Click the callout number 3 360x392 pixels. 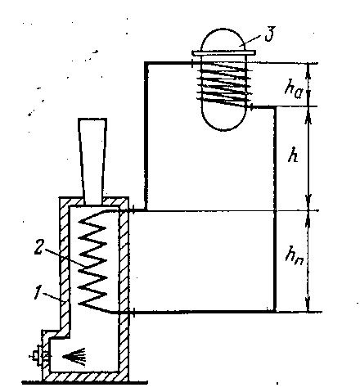coord(270,34)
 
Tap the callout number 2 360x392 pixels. coord(38,248)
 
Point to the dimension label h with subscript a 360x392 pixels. coord(293,89)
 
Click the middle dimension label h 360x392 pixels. coord(293,155)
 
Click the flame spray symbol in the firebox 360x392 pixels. coord(74,357)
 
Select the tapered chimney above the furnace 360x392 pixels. coord(92,161)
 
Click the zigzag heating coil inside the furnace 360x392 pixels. coord(92,260)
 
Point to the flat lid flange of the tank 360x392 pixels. coord(223,52)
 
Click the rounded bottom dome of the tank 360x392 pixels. coord(223,120)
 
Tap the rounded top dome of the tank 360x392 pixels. coord(223,39)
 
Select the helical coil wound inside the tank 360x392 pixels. coord(224,84)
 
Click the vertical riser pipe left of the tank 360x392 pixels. coord(146,137)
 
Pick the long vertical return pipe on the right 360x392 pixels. coord(275,209)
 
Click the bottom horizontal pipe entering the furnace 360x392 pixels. coord(202,312)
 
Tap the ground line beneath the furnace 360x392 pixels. coord(84,382)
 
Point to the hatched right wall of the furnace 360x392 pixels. coord(124,286)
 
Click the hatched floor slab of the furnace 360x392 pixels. coord(85,376)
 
